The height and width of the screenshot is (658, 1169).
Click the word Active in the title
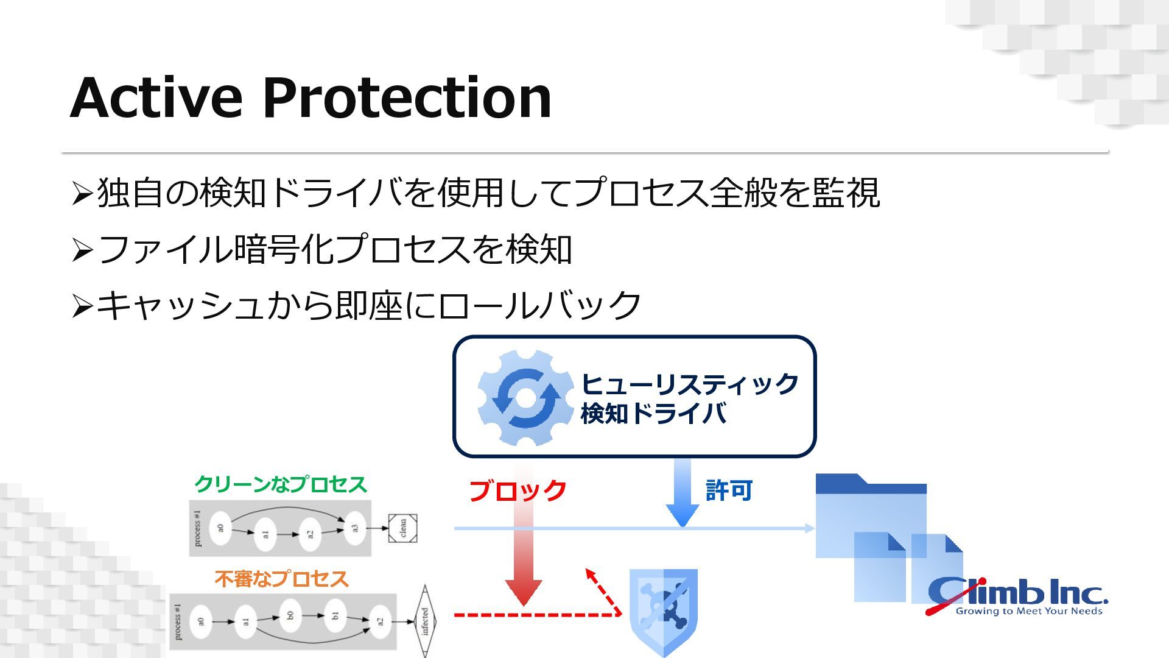coord(156,97)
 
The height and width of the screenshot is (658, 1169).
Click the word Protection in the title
coord(407,97)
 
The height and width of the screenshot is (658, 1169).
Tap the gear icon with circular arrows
coord(525,397)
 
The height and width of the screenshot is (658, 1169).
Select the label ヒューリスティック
coord(689,384)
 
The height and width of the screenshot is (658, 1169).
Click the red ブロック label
coord(518,490)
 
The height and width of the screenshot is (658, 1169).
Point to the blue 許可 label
coord(729,490)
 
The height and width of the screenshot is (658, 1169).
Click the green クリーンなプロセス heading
coord(281,484)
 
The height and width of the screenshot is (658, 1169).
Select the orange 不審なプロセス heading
coord(281,579)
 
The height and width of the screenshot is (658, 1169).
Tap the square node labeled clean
coord(403,528)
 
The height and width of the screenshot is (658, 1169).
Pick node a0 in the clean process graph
coord(220,528)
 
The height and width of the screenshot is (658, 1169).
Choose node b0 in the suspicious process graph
coord(290,615)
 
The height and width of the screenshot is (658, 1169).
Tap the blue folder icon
coord(871,515)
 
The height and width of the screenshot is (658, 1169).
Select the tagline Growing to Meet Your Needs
coord(1029,611)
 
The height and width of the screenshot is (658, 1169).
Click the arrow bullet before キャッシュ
coord(82,306)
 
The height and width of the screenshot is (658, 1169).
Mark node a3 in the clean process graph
coord(355,528)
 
